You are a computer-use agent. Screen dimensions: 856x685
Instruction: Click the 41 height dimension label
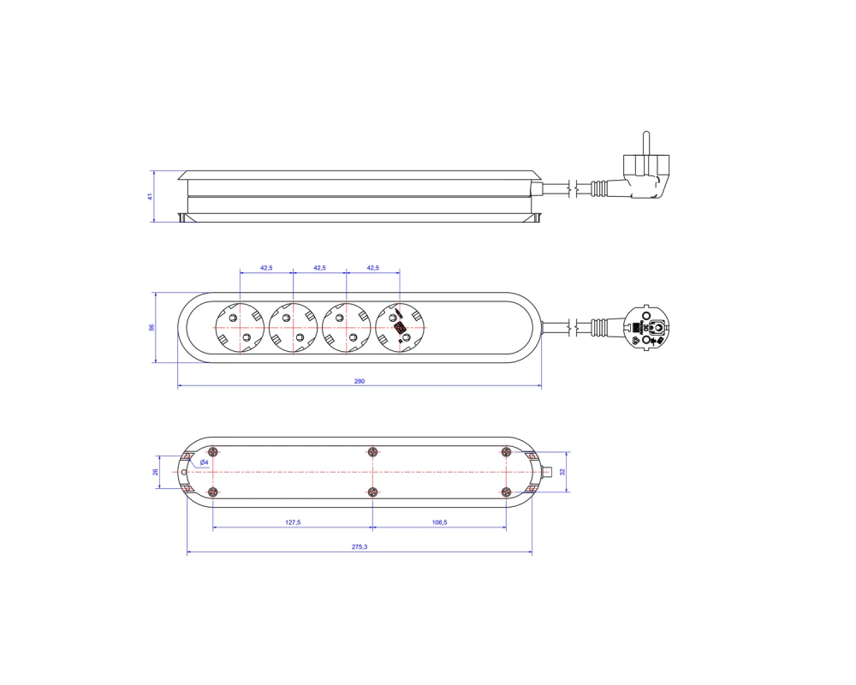pos(150,196)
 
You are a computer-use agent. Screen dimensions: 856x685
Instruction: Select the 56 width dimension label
pos(152,327)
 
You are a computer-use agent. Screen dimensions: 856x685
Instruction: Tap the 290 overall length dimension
pos(360,381)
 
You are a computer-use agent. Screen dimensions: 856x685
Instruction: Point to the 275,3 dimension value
pos(360,547)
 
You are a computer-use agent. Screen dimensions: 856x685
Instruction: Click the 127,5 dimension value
pos(293,523)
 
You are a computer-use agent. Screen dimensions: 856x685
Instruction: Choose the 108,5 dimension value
pos(439,523)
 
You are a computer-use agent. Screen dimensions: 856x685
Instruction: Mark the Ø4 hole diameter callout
pos(204,462)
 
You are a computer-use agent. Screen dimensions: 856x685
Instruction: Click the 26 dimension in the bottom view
pos(155,472)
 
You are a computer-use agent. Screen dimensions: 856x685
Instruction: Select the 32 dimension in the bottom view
pos(563,472)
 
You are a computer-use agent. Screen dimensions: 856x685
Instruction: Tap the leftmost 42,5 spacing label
pos(266,268)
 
